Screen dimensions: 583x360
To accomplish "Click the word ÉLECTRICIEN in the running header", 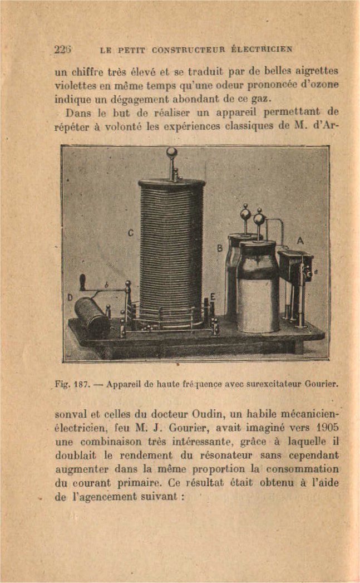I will tap(262, 48).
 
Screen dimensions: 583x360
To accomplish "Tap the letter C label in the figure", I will tap(130, 233).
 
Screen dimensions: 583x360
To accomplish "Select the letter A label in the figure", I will tap(299, 241).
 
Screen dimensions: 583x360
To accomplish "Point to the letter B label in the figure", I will tap(219, 248).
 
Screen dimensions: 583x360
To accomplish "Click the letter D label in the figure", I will tap(70, 297).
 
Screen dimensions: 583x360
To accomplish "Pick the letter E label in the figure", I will tap(212, 297).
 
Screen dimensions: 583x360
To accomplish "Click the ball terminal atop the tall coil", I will tap(172, 152).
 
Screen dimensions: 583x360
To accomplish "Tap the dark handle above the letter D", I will tap(82, 282).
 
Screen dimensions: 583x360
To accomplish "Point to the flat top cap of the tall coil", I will tap(171, 183).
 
